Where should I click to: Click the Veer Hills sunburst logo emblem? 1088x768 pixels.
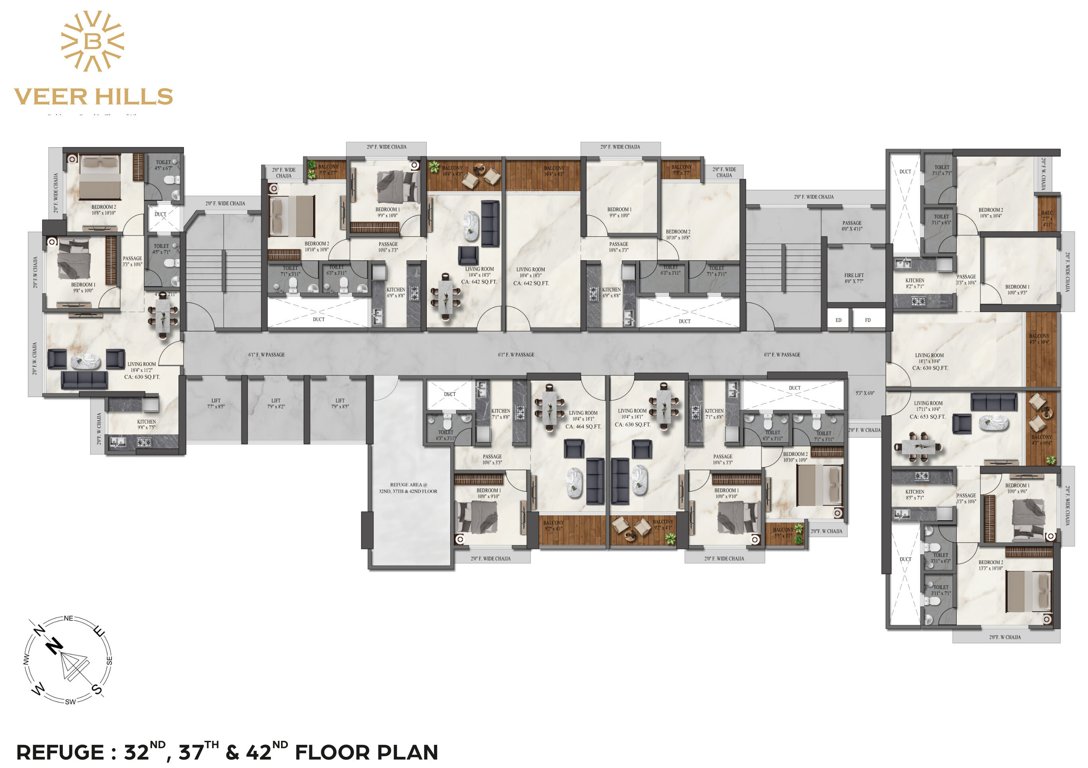[93, 41]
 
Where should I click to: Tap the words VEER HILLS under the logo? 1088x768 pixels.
[93, 97]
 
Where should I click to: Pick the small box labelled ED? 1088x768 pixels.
[838, 320]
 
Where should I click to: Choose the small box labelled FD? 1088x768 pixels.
[867, 320]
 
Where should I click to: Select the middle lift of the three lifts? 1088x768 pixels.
[275, 407]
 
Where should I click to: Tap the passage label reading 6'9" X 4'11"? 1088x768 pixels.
[851, 228]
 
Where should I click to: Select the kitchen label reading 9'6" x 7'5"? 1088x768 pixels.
[146, 427]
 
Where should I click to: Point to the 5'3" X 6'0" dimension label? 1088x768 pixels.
[864, 393]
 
